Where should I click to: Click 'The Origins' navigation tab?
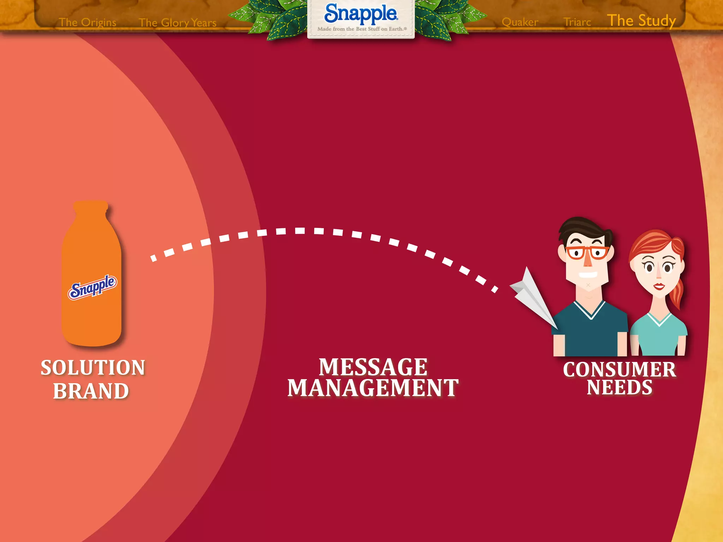[88, 22]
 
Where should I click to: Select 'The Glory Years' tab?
[178, 23]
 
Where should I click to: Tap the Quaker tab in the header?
[520, 22]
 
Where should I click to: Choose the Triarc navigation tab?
[577, 22]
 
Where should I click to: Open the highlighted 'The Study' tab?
[641, 20]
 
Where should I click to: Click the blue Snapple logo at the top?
[361, 13]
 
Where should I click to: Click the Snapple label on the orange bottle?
[92, 287]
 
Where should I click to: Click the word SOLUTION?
[93, 368]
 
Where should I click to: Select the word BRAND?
[91, 391]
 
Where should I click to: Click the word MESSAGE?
[373, 367]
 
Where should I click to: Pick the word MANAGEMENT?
[373, 388]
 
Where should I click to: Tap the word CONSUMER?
[620, 369]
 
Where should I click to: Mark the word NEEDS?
[620, 387]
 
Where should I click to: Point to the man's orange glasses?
[587, 253]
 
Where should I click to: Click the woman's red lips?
[659, 286]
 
